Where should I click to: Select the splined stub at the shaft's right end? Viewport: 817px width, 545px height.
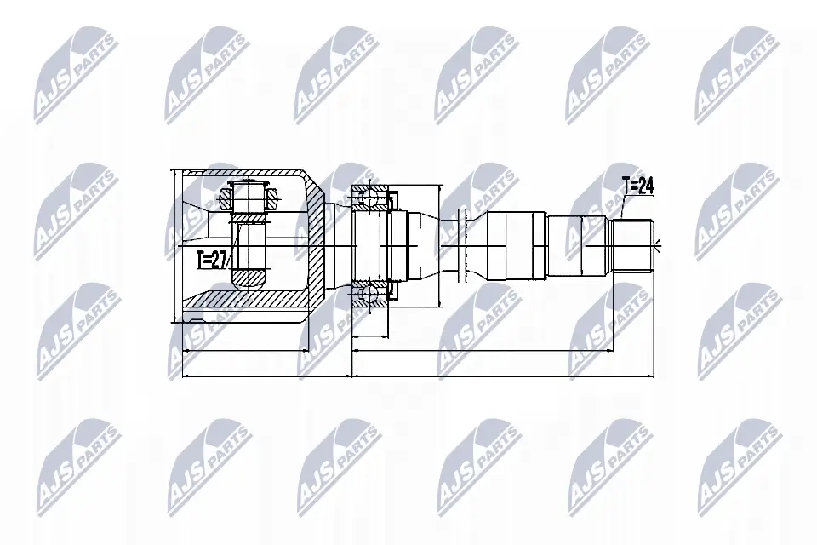[635, 246]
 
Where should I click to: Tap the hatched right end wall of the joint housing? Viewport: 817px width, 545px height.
[317, 247]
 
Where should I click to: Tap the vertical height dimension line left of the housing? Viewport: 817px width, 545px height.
[174, 245]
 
